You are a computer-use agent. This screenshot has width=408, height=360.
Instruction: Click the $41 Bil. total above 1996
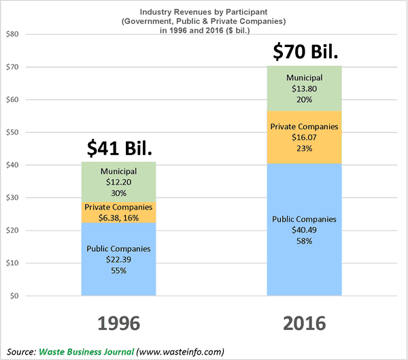click(118, 148)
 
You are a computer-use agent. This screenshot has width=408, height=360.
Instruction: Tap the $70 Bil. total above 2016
click(304, 50)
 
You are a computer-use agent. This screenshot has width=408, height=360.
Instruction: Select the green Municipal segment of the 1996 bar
click(118, 182)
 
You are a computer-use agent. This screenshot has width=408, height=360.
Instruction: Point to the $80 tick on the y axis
click(12, 34)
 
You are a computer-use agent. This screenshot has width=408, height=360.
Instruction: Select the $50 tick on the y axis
click(12, 133)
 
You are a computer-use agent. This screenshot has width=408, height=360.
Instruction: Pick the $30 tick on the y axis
click(12, 198)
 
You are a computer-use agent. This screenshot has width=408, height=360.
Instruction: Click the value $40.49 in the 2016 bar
click(304, 230)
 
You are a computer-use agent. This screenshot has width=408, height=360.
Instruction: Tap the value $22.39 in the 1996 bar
click(118, 259)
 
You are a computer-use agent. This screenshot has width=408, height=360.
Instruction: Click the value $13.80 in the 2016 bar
click(304, 88)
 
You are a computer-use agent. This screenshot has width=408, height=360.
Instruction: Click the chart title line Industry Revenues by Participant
click(204, 12)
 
